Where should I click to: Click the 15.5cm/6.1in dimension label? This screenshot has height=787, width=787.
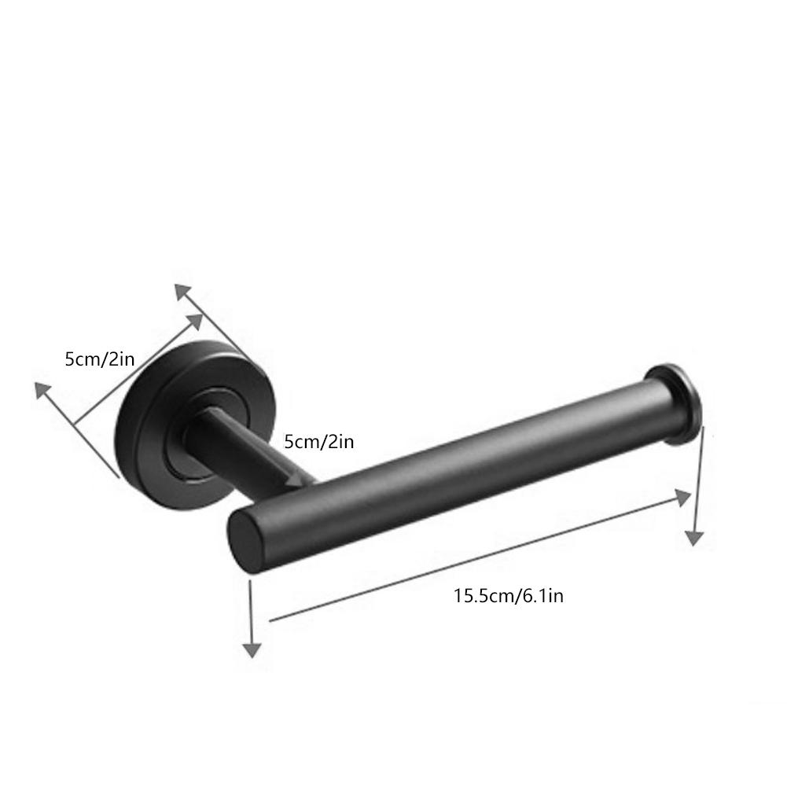pos(508,596)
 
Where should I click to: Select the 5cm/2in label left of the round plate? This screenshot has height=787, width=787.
pos(100,359)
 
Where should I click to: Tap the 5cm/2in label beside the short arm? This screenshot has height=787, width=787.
pos(319,442)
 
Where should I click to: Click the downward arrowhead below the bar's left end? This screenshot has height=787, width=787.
pos(251,649)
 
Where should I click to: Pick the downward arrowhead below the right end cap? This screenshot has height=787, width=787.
pos(693,537)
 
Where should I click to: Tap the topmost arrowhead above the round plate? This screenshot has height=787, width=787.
pos(182,292)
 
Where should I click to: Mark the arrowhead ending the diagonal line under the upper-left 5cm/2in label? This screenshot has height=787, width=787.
pos(194,321)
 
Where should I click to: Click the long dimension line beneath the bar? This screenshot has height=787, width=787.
pos(472,559)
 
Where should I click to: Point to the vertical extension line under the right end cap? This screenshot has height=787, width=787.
pos(697,480)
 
